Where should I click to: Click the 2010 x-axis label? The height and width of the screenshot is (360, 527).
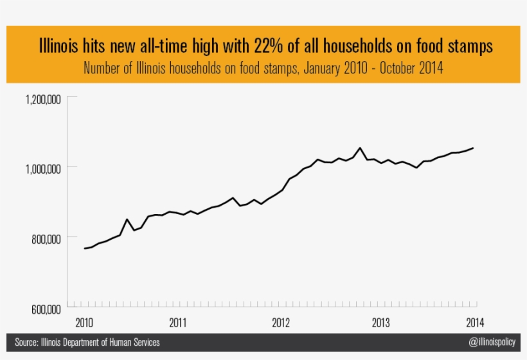pos(84,322)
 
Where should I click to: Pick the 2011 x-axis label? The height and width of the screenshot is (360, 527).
pos(178,322)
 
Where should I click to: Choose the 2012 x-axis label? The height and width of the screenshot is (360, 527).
pos(281,322)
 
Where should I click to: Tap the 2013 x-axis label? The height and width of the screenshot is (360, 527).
pos(380,322)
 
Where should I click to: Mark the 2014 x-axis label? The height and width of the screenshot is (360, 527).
pos(474,322)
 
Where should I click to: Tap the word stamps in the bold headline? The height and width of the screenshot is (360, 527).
pos(468,47)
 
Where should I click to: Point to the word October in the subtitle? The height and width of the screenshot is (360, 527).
pos(398,68)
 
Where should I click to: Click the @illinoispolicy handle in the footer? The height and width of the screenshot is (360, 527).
pos(492,343)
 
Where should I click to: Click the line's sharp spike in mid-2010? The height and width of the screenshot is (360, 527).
pos(127,219)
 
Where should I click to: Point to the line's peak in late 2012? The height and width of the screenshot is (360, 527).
pos(360,148)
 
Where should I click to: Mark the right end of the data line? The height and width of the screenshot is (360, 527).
pos(474,148)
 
